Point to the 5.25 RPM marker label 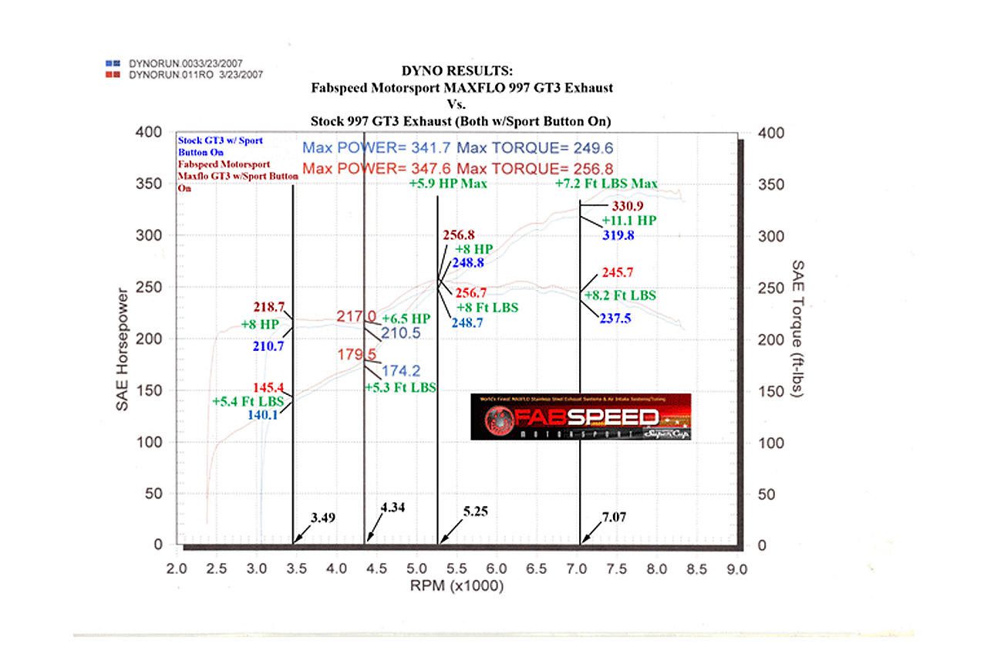click(x=476, y=511)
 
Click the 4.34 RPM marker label click(x=392, y=508)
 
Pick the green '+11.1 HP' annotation click(x=629, y=221)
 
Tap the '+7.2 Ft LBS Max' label click(x=606, y=184)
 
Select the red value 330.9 click(x=627, y=206)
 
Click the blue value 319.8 click(x=618, y=235)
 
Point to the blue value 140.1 click(x=263, y=414)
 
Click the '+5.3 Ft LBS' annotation click(x=400, y=387)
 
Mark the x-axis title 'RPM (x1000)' click(x=456, y=587)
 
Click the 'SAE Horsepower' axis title click(x=123, y=349)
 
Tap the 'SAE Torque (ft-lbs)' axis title click(x=798, y=329)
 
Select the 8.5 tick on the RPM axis click(x=696, y=569)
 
